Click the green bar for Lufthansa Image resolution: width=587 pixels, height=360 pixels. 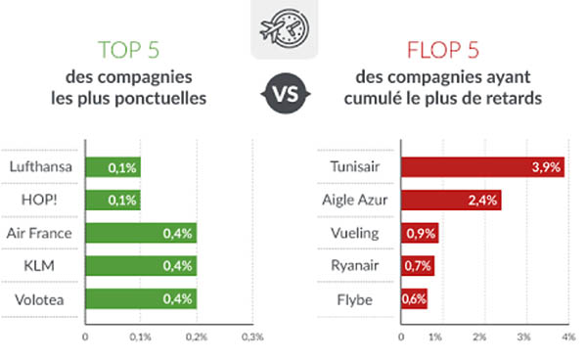click(113, 167)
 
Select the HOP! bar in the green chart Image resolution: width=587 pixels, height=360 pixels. click(113, 200)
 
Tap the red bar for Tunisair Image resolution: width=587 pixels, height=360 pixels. click(482, 167)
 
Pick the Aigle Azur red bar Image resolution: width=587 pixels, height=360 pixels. click(451, 200)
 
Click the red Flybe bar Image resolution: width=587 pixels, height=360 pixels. click(414, 298)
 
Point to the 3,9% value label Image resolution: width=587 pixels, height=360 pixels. click(546, 167)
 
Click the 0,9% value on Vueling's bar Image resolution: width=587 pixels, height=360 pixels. click(421, 234)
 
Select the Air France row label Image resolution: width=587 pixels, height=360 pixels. click(39, 233)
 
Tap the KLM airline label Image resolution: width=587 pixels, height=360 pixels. click(39, 266)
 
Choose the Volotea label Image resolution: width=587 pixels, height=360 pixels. click(39, 299)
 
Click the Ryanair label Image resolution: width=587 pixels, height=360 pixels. click(355, 266)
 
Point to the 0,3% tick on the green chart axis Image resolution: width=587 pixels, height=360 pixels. click(252, 337)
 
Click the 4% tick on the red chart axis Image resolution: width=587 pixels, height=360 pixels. click(568, 337)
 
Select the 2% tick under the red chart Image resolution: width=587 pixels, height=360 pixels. click(479, 337)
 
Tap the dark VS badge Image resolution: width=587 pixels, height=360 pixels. click(286, 93)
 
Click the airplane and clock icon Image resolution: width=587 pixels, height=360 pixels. click(285, 29)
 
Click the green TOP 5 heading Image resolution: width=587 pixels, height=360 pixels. click(129, 50)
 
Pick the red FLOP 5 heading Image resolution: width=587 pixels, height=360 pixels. click(443, 50)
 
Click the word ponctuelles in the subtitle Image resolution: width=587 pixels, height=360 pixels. click(160, 99)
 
